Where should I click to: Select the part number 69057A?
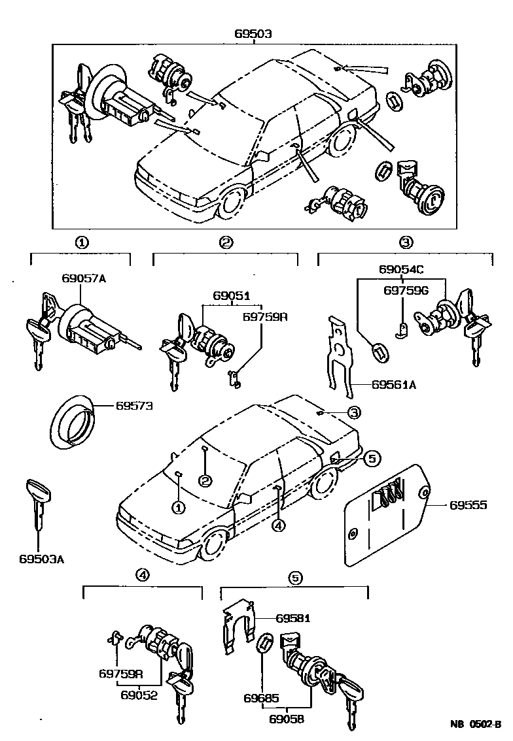[x=84, y=280]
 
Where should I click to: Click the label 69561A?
[x=395, y=385]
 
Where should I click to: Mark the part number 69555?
[x=468, y=506]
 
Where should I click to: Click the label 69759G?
[x=405, y=291]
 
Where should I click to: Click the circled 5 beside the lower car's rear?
[x=371, y=459]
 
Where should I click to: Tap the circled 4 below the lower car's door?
[x=279, y=525]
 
